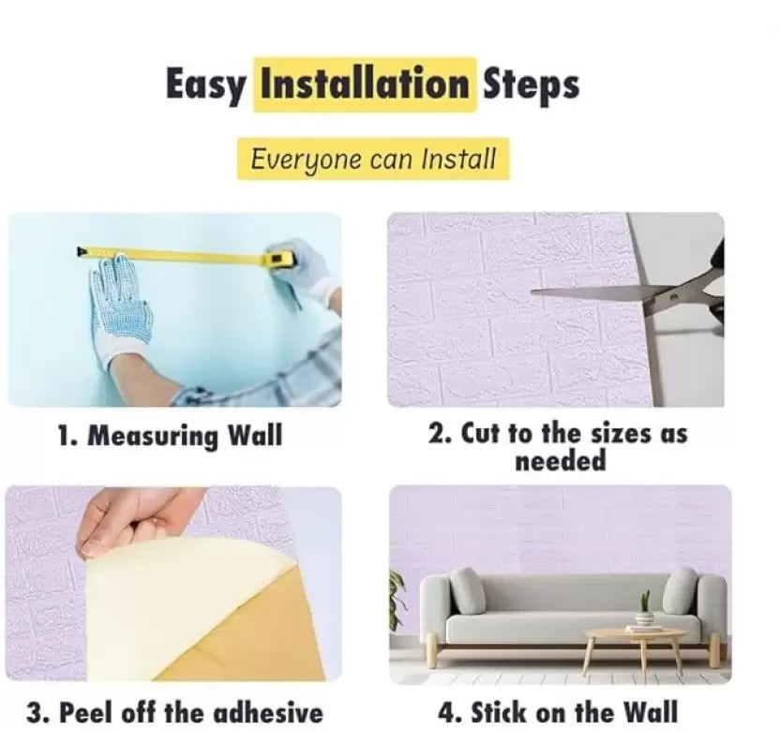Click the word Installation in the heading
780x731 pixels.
(365, 84)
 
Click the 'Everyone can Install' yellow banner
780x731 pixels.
(373, 159)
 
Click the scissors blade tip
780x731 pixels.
(532, 291)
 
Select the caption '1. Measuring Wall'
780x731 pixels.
(170, 436)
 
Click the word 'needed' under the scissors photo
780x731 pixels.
(560, 460)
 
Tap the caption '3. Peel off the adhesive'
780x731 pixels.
(174, 712)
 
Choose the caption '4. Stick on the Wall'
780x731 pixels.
(558, 711)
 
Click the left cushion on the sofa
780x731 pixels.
(467, 590)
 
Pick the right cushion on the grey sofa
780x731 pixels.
(681, 590)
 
